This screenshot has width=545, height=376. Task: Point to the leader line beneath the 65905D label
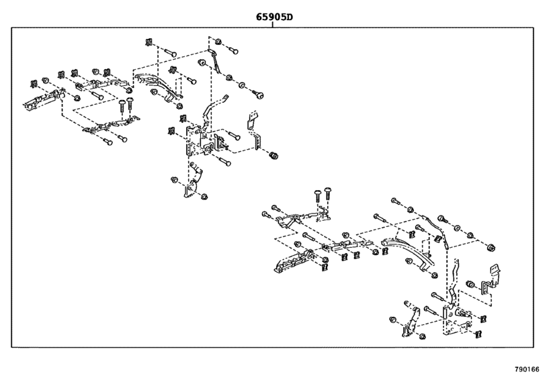tap(273, 26)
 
